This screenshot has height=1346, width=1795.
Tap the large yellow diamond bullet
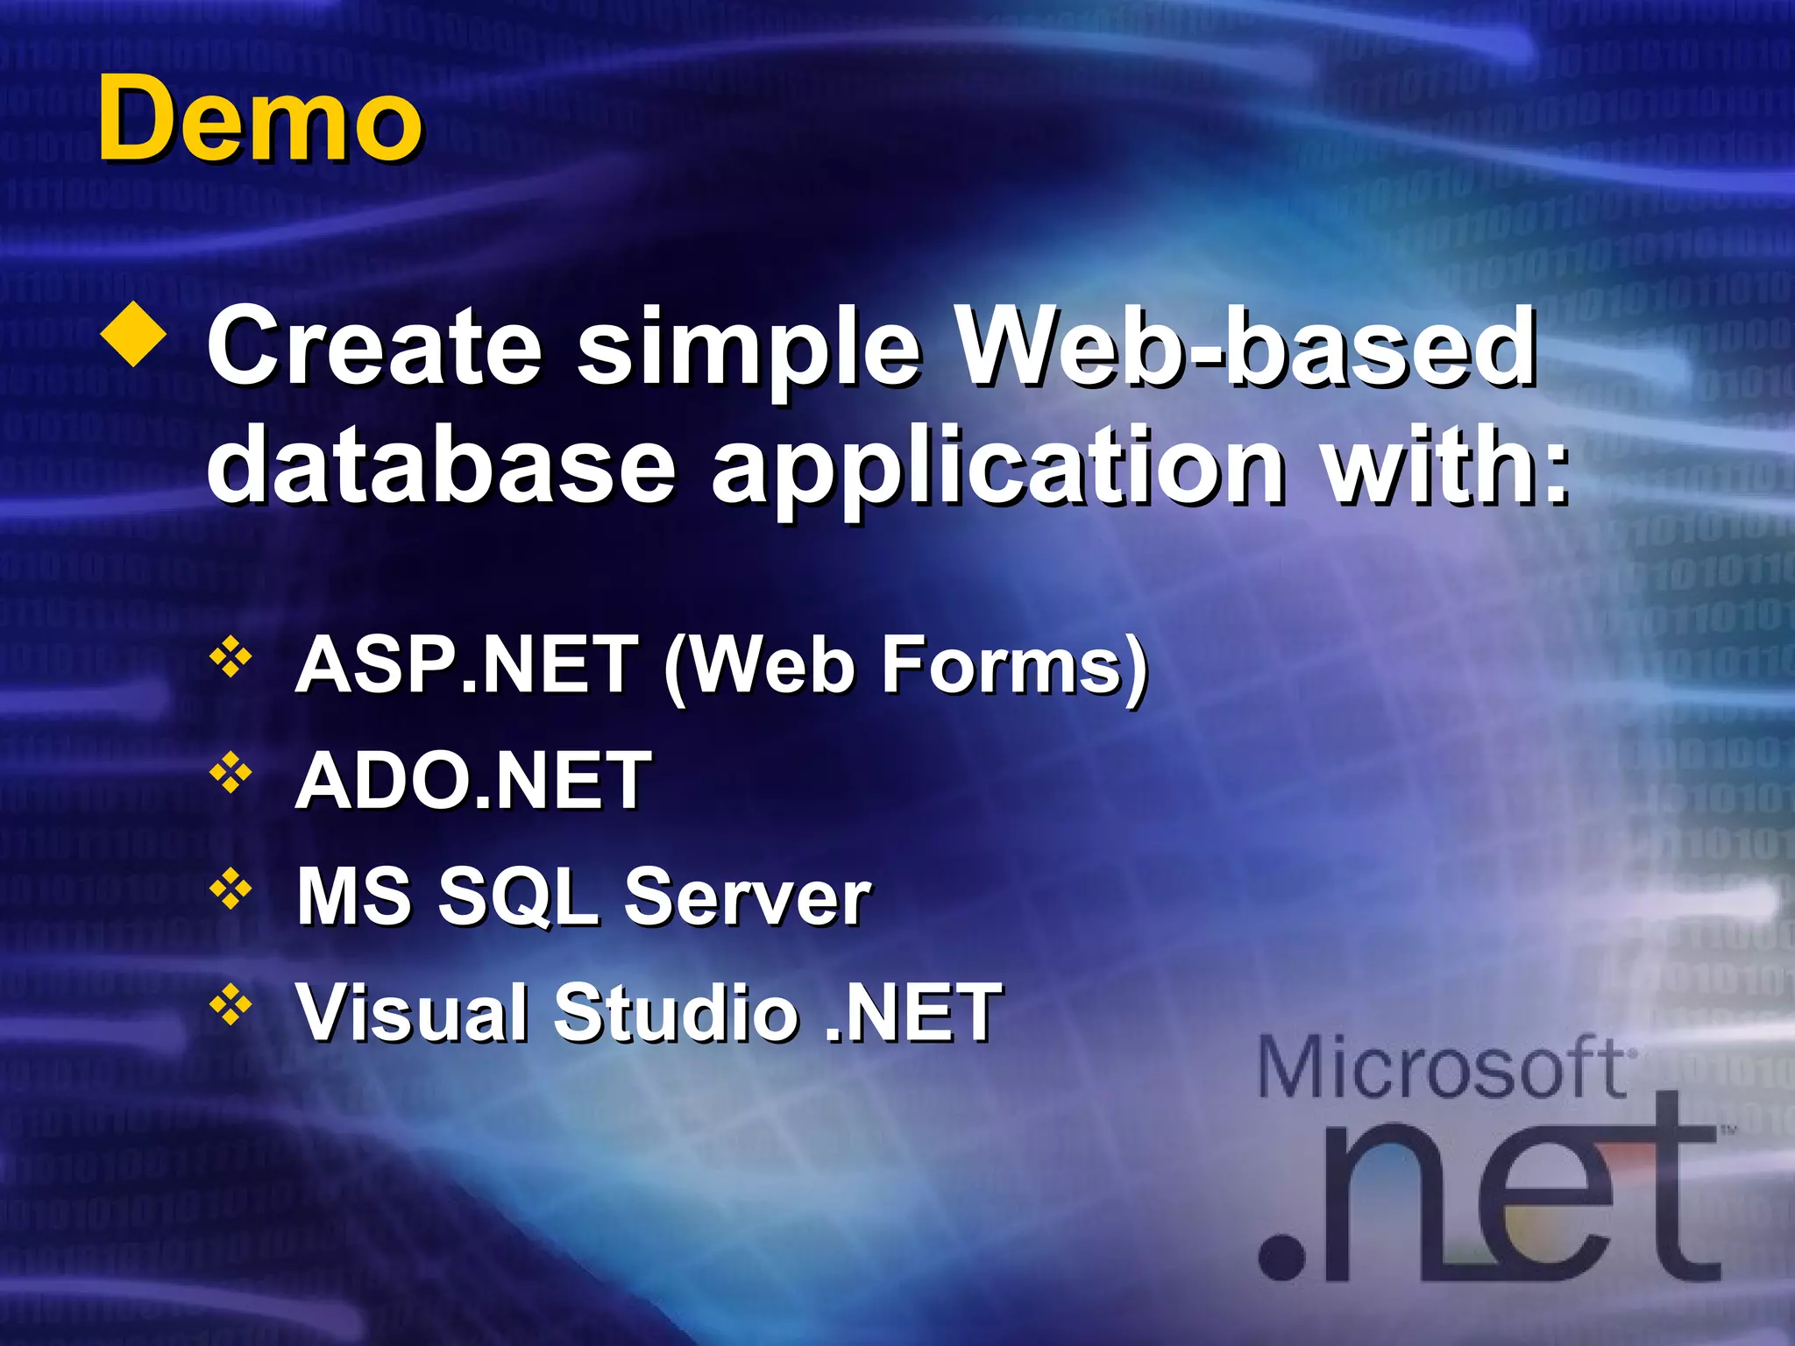[133, 334]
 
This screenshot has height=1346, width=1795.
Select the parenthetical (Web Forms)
[905, 666]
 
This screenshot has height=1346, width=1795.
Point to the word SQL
[517, 896]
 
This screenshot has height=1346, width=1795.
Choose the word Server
[747, 896]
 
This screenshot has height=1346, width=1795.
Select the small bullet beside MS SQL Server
[231, 889]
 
